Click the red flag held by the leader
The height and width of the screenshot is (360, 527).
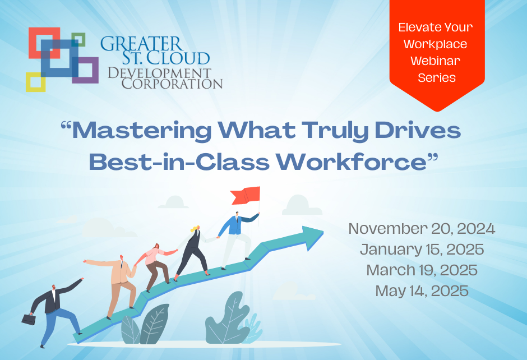click(246, 196)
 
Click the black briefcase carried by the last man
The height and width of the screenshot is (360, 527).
click(29, 319)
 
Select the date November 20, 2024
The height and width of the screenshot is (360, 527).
click(422, 229)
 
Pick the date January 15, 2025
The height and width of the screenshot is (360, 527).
click(422, 250)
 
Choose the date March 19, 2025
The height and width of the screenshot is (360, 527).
click(422, 270)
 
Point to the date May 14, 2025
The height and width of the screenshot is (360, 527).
click(422, 290)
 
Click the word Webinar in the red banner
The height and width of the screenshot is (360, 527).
click(437, 60)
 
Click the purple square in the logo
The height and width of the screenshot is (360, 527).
click(85, 71)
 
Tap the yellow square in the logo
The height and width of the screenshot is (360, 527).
click(35, 82)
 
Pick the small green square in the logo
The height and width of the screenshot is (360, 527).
click(78, 39)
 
